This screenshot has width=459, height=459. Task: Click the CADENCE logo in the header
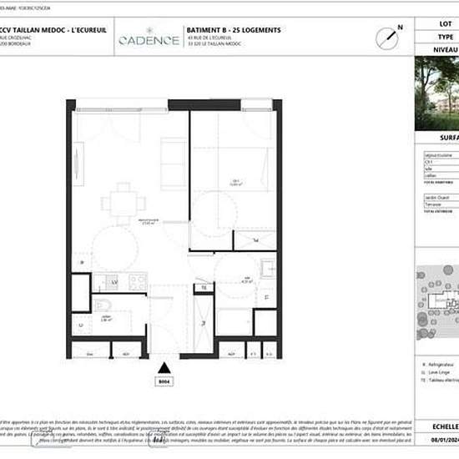[149, 39]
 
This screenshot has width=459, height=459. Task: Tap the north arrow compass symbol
[386, 36]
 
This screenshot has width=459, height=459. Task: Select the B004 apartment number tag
[164, 383]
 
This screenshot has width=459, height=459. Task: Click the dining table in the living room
[118, 203]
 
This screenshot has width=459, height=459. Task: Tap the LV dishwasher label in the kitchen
[114, 284]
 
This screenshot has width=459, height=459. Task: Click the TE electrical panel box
[203, 288]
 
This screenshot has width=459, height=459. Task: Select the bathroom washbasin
[269, 268]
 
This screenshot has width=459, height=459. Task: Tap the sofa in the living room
[174, 154]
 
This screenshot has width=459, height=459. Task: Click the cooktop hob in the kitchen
[138, 280]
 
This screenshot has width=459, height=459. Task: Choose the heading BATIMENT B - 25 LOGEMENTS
[245, 30]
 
